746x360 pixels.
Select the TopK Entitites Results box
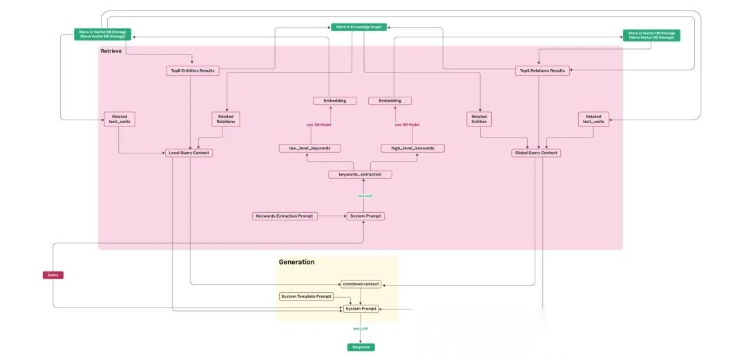coord(193,70)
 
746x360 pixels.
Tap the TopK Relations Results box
coord(542,70)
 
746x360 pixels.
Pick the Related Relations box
coord(226,120)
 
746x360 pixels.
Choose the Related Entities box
coord(479,120)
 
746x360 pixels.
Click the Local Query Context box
coord(188,153)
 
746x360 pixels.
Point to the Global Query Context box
coord(535,153)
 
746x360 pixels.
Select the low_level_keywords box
coord(310,149)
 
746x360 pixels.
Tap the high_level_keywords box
coord(412,149)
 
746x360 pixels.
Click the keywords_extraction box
coord(360,175)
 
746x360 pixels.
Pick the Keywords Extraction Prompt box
coord(284,216)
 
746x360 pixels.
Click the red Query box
coord(53,275)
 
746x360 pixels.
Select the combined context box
coord(361,284)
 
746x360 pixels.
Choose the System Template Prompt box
coord(307,296)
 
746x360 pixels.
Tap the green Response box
coord(361,347)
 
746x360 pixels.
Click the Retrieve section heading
coord(111,51)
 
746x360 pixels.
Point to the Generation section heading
coord(296,262)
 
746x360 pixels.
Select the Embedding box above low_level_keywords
coord(335,101)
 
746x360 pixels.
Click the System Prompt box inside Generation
coord(361,309)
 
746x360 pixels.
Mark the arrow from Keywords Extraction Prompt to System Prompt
coord(331,216)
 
